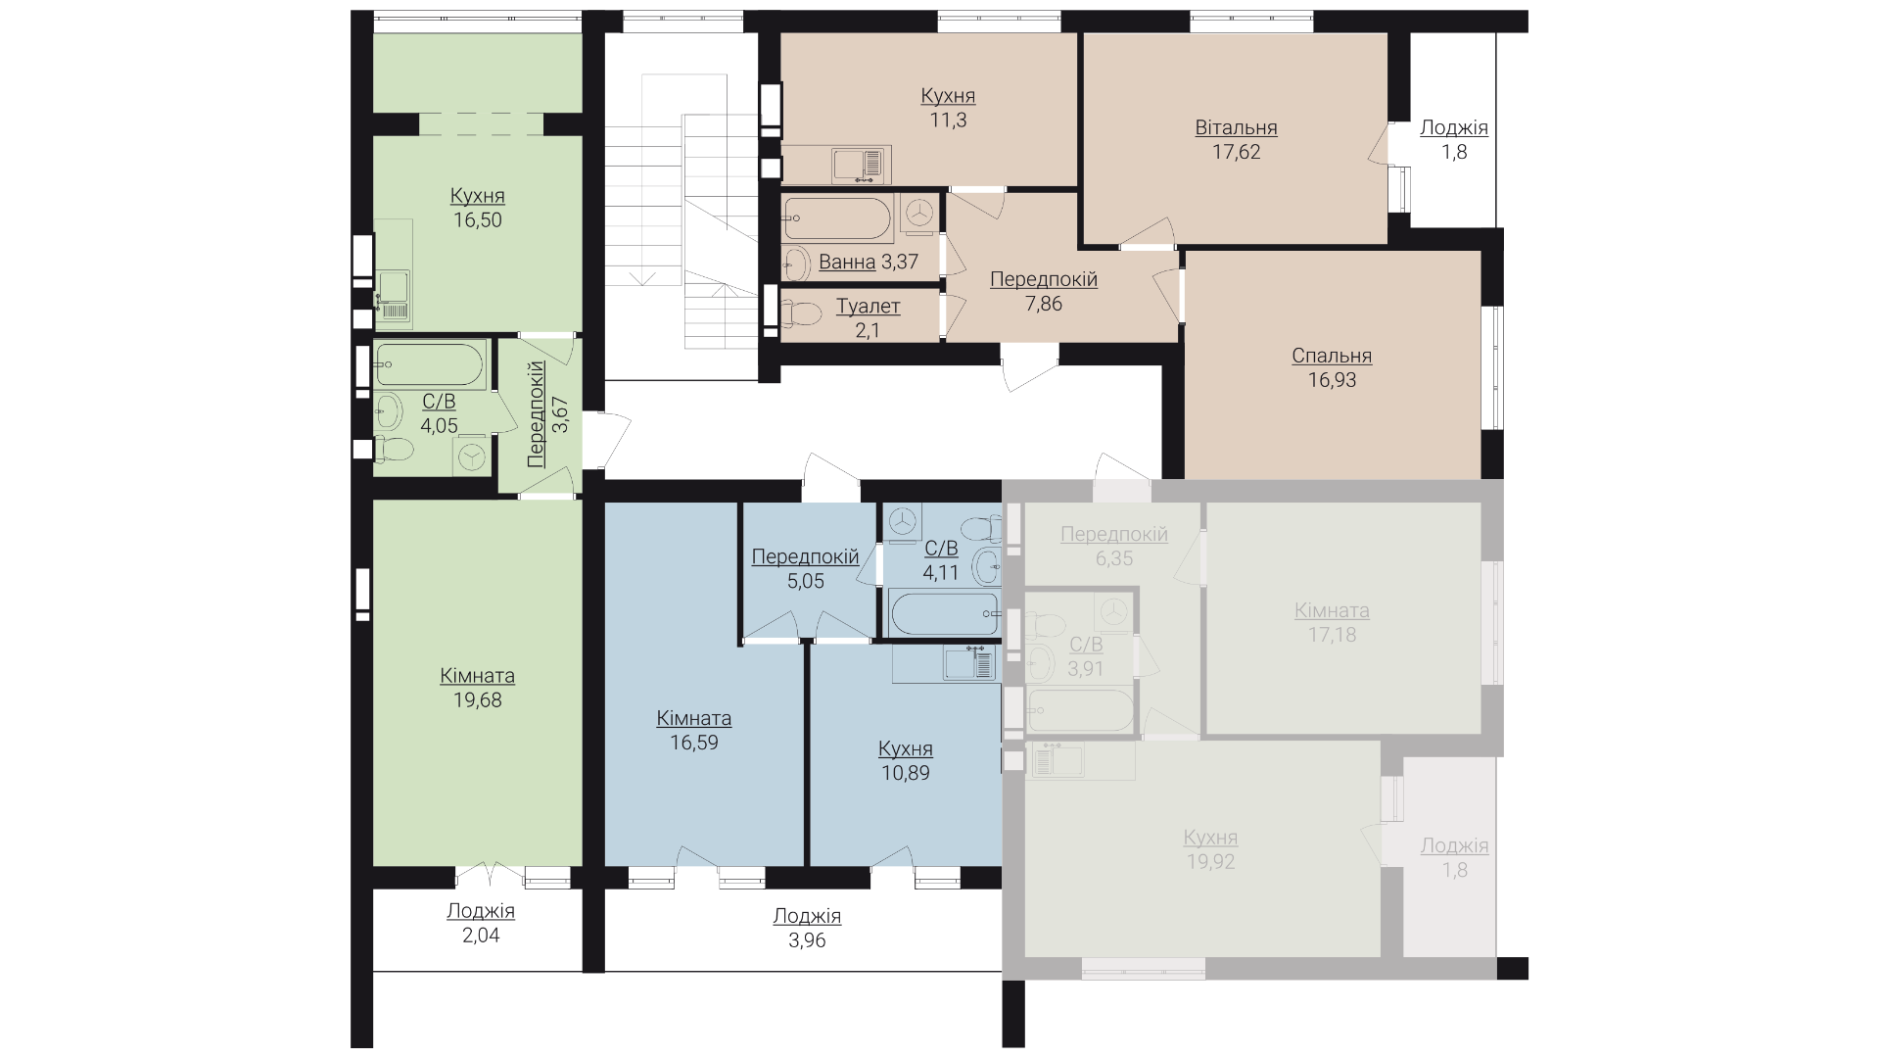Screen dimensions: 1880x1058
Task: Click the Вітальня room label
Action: [x=1236, y=127]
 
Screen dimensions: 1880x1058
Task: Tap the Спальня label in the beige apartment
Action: [x=1332, y=356]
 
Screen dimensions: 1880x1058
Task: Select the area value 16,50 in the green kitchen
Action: [x=478, y=219]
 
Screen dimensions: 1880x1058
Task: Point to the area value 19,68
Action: [x=478, y=699]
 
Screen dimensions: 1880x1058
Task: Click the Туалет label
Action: [x=868, y=307]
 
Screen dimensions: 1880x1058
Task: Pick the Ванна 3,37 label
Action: [x=869, y=262]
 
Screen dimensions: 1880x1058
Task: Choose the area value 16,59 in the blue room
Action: [x=694, y=742]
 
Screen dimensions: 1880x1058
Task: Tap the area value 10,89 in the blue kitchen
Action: [x=905, y=772]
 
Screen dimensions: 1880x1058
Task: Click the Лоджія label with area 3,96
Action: [x=807, y=916]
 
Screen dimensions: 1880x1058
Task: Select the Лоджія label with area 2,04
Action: [x=481, y=911]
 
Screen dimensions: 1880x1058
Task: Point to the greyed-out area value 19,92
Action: [x=1210, y=861]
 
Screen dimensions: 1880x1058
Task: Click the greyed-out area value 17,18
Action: [x=1332, y=634]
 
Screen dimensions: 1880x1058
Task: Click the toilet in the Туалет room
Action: [x=800, y=313]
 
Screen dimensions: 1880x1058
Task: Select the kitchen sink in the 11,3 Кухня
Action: [x=861, y=165]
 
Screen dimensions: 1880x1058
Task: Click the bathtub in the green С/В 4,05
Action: [x=430, y=364]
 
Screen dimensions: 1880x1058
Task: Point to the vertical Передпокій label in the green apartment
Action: [x=536, y=412]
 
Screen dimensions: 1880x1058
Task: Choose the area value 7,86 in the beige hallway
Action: [x=1044, y=304]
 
